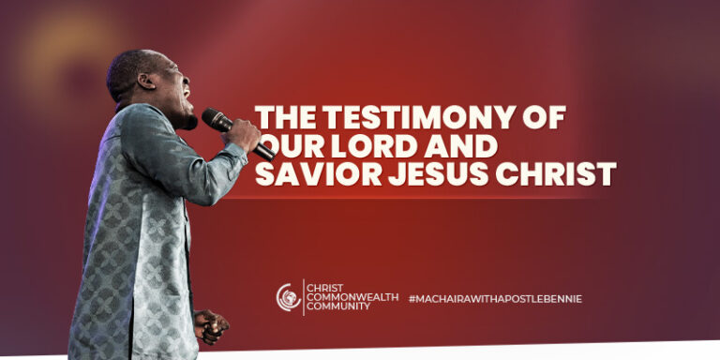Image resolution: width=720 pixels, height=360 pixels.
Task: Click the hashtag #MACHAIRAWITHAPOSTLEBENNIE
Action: (495, 298)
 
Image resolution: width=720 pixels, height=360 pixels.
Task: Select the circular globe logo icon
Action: (289, 298)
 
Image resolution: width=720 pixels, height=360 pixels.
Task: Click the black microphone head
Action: (214, 118)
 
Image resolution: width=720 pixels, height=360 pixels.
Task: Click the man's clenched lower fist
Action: (210, 325)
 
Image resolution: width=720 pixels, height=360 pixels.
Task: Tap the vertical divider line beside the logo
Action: (304, 298)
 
